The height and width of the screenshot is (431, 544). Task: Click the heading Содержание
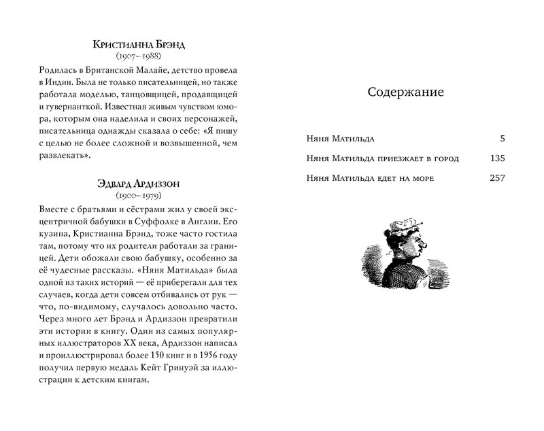pyautogui.click(x=405, y=92)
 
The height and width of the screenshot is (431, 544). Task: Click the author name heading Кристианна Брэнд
pyautogui.click(x=141, y=46)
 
